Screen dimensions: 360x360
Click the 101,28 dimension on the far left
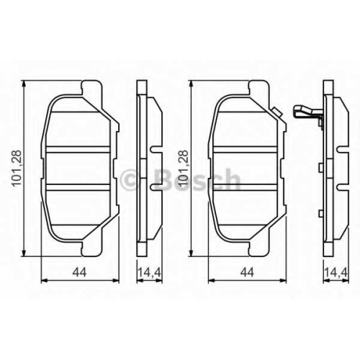[17, 168]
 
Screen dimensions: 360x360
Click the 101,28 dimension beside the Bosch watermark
[183, 168]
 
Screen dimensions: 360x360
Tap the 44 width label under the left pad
[79, 272]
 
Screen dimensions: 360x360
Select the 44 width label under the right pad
[247, 272]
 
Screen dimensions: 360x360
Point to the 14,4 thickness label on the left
[150, 272]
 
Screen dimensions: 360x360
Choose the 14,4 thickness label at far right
[336, 272]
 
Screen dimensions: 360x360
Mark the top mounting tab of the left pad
[92, 88]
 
